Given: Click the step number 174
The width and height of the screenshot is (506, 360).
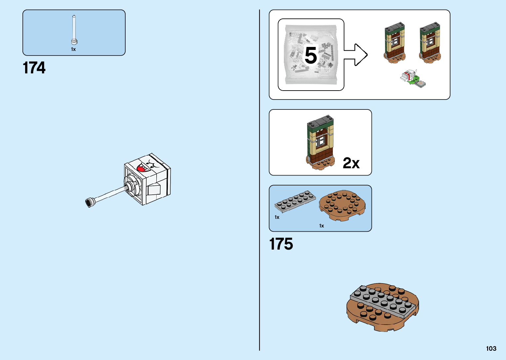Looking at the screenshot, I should click(x=34, y=68).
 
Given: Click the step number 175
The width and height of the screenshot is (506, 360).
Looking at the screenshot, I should click(x=281, y=244).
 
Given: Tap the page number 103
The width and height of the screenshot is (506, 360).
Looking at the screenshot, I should click(x=491, y=348).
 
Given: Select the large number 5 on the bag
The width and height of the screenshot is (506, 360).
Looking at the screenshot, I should click(x=311, y=55).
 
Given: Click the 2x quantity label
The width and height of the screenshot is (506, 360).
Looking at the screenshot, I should click(x=351, y=163).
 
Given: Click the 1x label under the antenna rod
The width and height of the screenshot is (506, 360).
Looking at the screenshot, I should click(x=73, y=49).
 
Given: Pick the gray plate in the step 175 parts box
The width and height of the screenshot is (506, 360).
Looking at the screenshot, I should click(x=295, y=201).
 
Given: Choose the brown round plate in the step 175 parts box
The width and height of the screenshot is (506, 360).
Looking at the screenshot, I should click(x=342, y=205).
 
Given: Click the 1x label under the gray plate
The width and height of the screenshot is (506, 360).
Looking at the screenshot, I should click(x=277, y=217).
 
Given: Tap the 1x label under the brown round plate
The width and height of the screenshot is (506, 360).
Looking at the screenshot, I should click(x=322, y=226).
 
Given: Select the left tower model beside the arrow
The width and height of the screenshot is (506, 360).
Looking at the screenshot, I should click(x=395, y=43).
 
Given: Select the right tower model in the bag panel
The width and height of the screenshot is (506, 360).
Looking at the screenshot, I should click(x=430, y=43).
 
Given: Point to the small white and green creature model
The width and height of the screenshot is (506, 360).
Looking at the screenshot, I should click(x=413, y=79).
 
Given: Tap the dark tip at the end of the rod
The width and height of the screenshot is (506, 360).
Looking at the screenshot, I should click(x=89, y=202).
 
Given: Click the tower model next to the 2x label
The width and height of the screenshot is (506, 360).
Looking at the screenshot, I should click(x=320, y=142).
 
